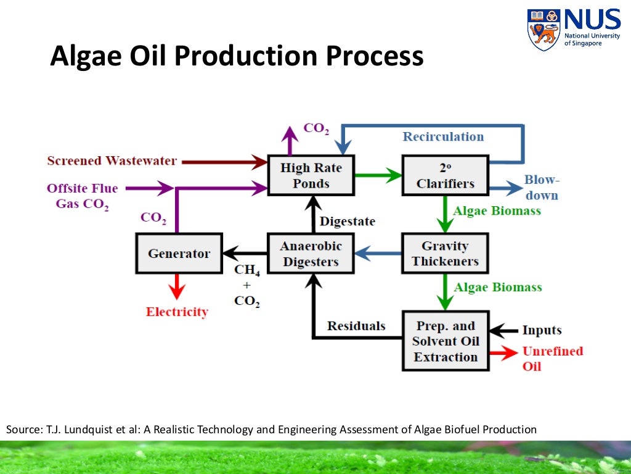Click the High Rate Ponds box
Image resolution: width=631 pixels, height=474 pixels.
[311, 176]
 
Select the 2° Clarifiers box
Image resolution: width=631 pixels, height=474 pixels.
[445, 176]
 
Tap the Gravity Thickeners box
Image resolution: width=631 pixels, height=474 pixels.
[445, 253]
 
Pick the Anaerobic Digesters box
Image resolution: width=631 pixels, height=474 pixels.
[311, 254]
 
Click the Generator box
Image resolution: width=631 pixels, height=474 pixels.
[179, 254]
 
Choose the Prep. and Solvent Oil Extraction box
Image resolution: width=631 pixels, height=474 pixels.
[445, 341]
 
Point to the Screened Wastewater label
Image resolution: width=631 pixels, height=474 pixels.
[112, 161]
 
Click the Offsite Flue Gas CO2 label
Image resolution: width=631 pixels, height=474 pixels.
[82, 196]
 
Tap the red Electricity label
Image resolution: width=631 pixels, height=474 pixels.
[177, 312]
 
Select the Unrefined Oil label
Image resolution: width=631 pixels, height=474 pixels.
[552, 358]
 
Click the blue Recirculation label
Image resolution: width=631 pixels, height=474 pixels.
[443, 136]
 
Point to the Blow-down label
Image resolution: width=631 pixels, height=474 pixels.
[542, 188]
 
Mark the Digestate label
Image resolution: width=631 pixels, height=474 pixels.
[347, 221]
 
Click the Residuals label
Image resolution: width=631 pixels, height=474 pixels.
[356, 326]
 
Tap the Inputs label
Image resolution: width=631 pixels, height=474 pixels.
[542, 330]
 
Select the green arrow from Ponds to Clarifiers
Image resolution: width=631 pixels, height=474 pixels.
[378, 175]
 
